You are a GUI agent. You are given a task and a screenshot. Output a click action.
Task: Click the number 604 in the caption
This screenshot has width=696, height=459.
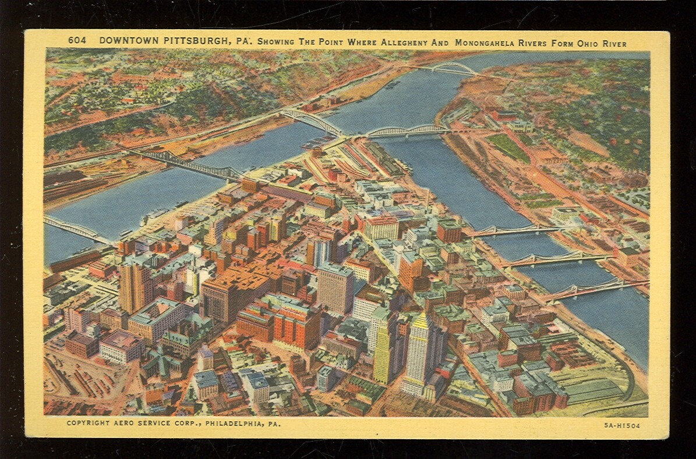pyautogui.click(x=77, y=40)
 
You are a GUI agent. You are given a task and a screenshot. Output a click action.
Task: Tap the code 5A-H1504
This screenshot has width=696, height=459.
pyautogui.click(x=622, y=426)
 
